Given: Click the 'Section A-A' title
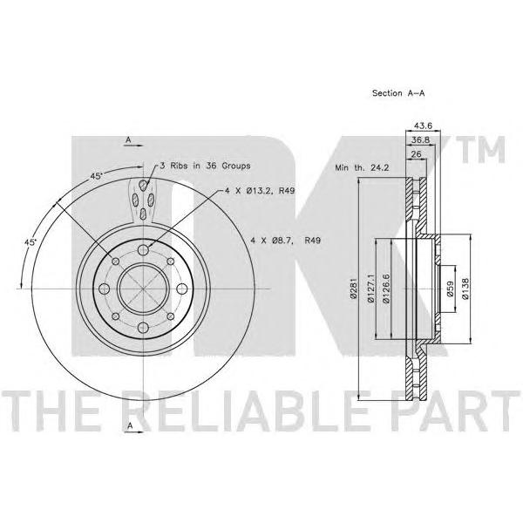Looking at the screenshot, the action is pyautogui.click(x=398, y=93).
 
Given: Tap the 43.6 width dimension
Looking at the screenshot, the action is pyautogui.click(x=423, y=126).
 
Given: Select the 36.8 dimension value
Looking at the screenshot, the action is pyautogui.click(x=420, y=140).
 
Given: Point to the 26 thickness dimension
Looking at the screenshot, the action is pyautogui.click(x=417, y=154).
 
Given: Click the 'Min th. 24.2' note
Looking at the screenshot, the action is pyautogui.click(x=362, y=167).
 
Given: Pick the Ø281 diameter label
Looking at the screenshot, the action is pyautogui.click(x=353, y=288).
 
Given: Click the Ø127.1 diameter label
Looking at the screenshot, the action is pyautogui.click(x=371, y=289).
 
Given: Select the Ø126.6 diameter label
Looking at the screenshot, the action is pyautogui.click(x=386, y=289).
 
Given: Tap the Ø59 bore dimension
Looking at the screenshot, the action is pyautogui.click(x=450, y=289).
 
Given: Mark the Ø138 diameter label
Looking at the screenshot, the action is pyautogui.click(x=465, y=289).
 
